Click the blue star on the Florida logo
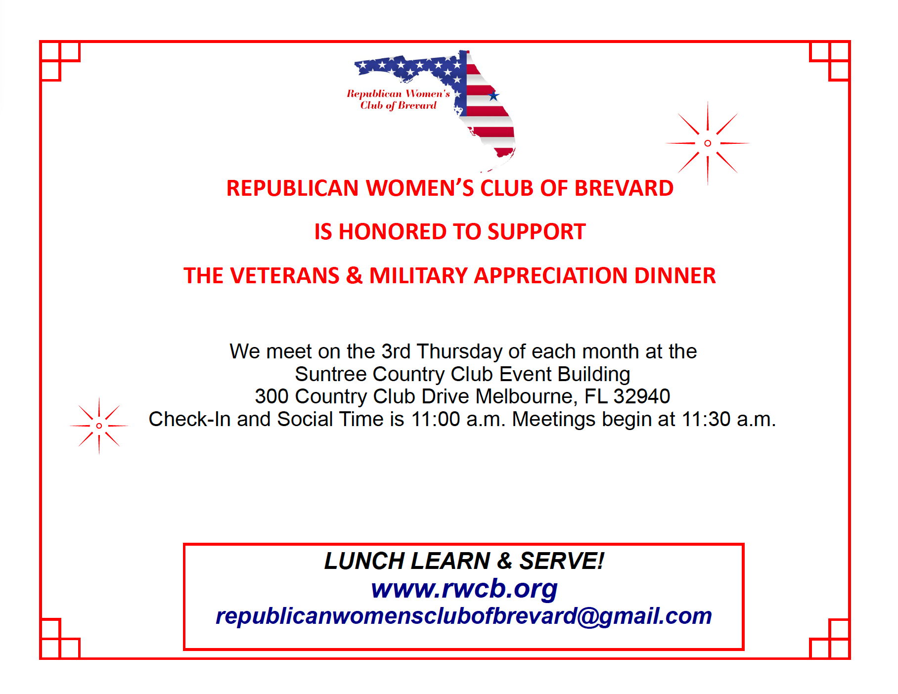(493, 95)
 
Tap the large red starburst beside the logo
(708, 143)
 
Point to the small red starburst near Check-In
(99, 426)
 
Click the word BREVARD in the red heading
(624, 188)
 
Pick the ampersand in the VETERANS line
(354, 275)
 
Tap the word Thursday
(459, 351)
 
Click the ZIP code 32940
(642, 396)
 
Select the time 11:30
(706, 419)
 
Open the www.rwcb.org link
(464, 589)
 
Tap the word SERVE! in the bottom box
(562, 561)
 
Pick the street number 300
(272, 396)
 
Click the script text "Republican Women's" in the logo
(399, 93)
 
